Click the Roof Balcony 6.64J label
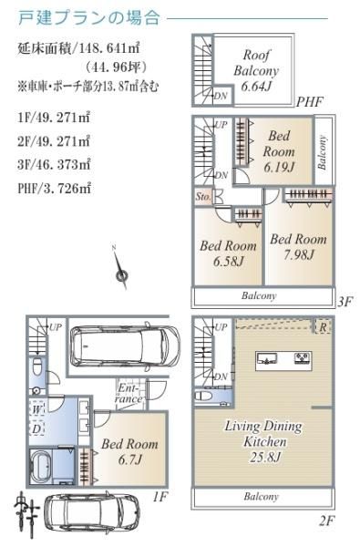(256, 70)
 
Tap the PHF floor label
(310, 102)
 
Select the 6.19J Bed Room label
(279, 151)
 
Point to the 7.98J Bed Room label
(299, 247)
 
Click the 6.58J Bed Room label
(228, 253)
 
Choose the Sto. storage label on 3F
(203, 196)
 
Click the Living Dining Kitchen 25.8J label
(263, 441)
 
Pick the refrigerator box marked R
(323, 327)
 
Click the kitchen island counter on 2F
(284, 359)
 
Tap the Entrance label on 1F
(129, 393)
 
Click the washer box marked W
(37, 408)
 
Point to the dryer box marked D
(37, 428)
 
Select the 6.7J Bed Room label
(129, 452)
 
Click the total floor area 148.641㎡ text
(79, 47)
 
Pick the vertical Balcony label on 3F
(323, 152)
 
